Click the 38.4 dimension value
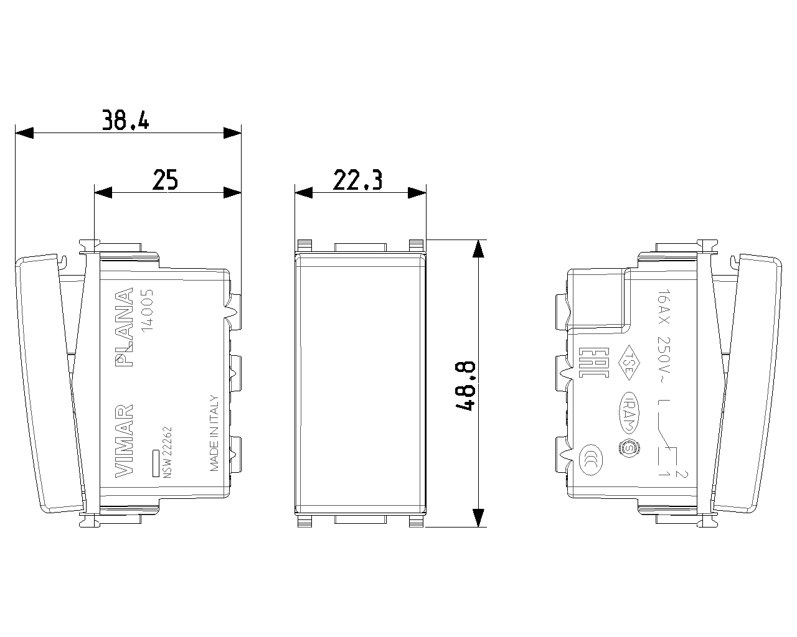[x=126, y=119]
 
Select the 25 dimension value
[x=166, y=180]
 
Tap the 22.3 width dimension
[x=357, y=180]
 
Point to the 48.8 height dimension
[x=466, y=385]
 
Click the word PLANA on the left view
[x=125, y=326]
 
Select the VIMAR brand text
[x=125, y=440]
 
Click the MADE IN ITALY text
[x=214, y=433]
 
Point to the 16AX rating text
[x=664, y=309]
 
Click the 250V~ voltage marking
[x=664, y=358]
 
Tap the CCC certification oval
[x=588, y=460]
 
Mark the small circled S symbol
[x=628, y=448]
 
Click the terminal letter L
[x=664, y=404]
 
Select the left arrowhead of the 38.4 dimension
[x=24, y=133]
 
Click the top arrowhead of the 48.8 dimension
[x=478, y=249]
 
